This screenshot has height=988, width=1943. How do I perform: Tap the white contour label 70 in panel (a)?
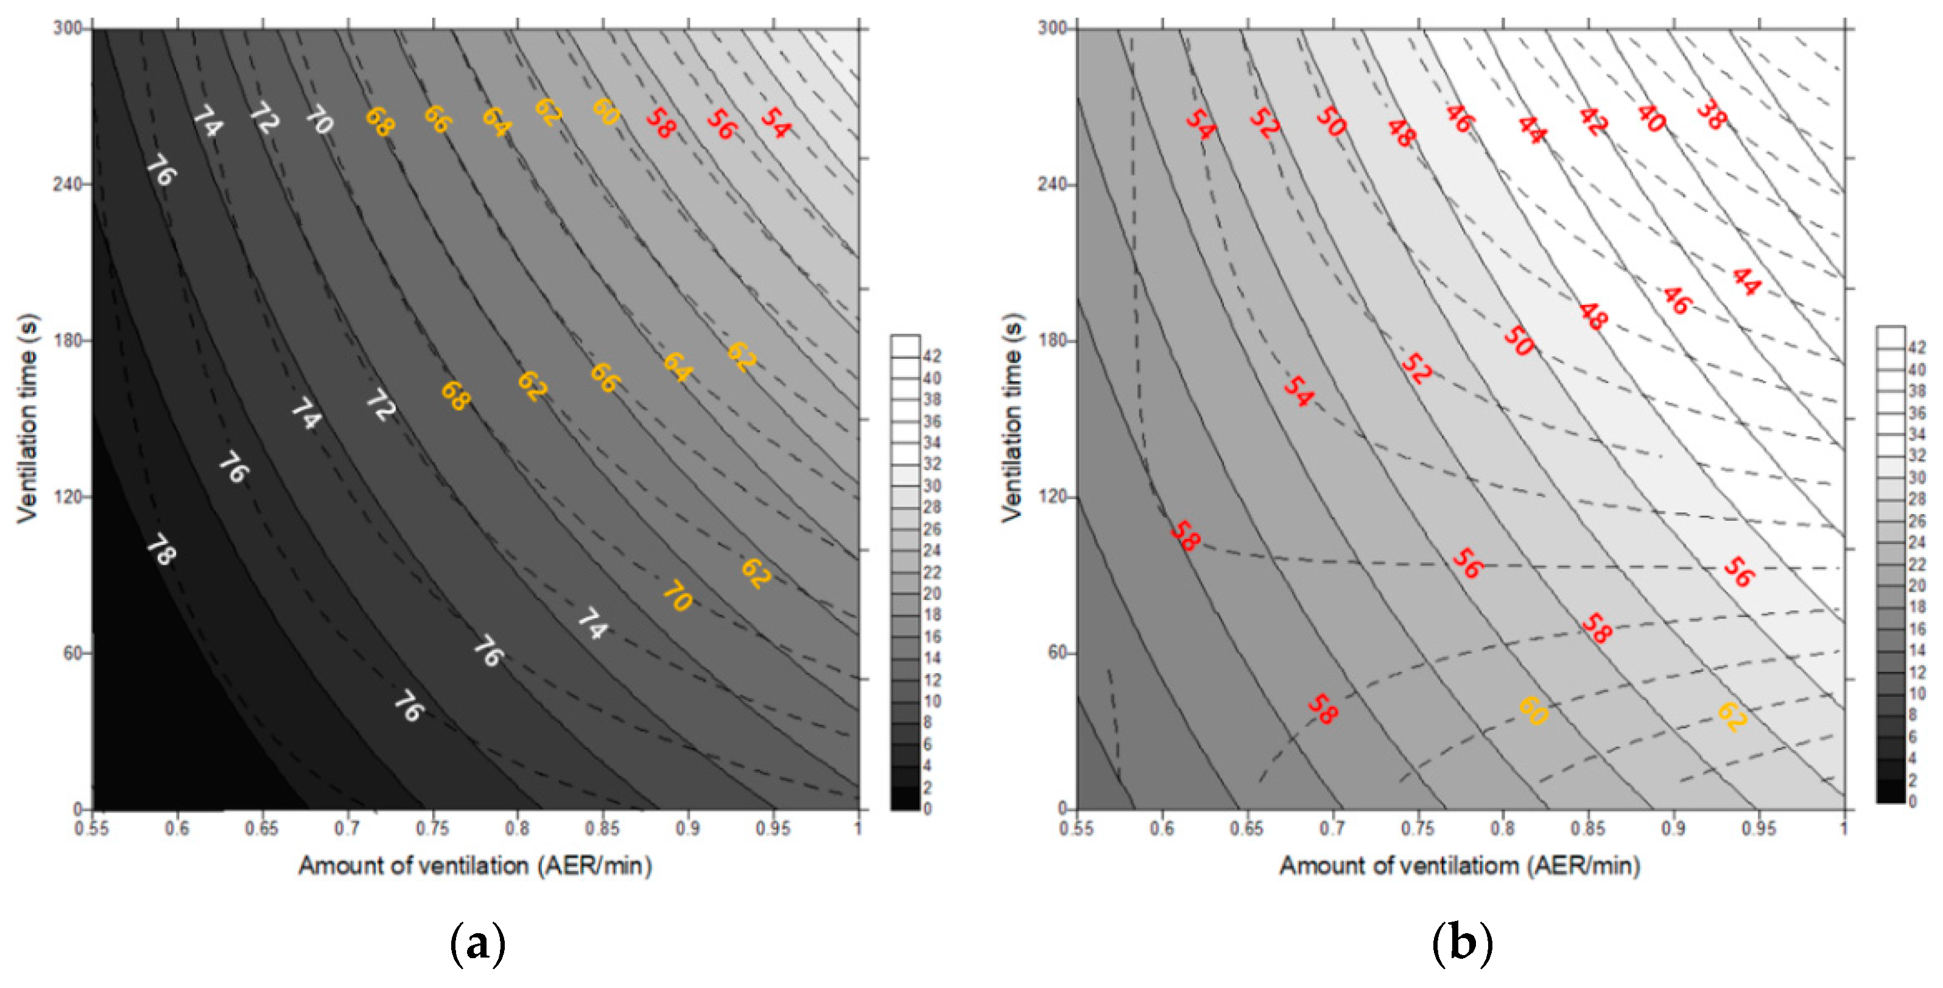click(320, 119)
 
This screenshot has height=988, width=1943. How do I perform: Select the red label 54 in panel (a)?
click(775, 122)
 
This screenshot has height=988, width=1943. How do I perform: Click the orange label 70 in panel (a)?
click(677, 596)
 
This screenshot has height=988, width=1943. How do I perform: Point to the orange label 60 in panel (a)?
click(605, 111)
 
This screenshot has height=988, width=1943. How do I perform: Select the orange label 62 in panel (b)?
click(1732, 717)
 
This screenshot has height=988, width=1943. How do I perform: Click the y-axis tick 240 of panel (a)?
click(67, 184)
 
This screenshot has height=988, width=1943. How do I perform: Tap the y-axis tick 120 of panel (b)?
click(1053, 496)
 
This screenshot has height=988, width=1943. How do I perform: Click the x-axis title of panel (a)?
click(475, 866)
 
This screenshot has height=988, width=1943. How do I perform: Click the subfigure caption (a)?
click(477, 944)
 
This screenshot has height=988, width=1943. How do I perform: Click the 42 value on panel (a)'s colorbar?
click(932, 356)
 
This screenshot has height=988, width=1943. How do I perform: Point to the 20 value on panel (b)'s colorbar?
click(1917, 587)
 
